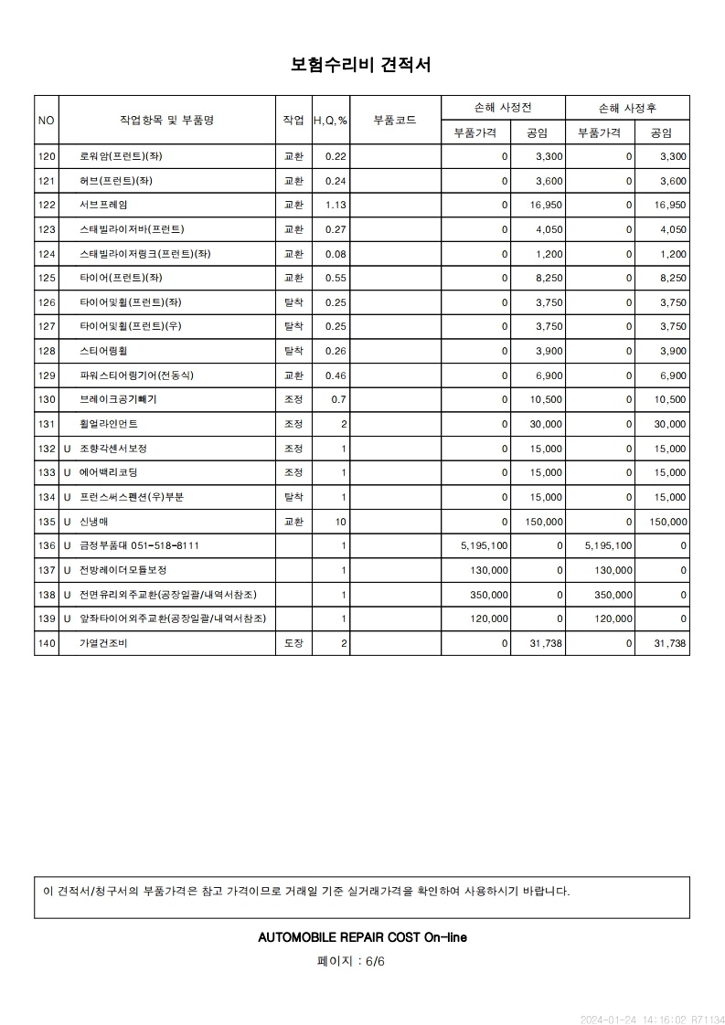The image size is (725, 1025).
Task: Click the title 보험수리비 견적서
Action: tap(361, 65)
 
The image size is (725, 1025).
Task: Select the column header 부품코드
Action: tap(395, 120)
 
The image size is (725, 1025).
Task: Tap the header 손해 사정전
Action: tap(502, 108)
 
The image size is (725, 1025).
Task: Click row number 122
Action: tap(47, 205)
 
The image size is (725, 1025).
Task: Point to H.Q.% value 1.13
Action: tap(336, 205)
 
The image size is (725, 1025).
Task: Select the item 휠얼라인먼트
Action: tap(109, 424)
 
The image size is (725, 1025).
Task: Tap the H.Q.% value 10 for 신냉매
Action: tap(341, 522)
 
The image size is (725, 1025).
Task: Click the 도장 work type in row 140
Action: tap(293, 644)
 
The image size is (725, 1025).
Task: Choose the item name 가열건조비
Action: tap(102, 644)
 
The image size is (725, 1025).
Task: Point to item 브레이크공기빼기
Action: tap(118, 400)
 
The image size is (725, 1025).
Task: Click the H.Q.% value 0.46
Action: tap(336, 375)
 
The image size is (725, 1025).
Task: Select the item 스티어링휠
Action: tap(102, 351)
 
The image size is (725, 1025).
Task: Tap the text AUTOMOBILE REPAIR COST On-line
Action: tap(362, 937)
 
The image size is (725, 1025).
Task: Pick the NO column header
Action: tap(47, 120)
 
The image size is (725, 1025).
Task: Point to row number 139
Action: tap(47, 619)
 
